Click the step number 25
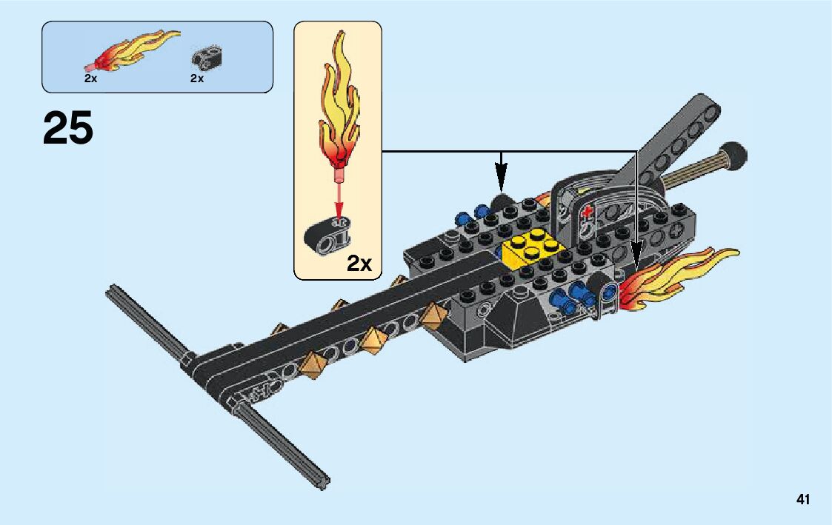[68, 129]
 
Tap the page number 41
[803, 500]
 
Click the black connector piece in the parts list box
[207, 56]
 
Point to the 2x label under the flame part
[90, 78]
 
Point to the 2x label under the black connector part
[196, 78]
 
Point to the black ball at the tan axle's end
[735, 154]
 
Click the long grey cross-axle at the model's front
[215, 385]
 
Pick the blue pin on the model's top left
[465, 219]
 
